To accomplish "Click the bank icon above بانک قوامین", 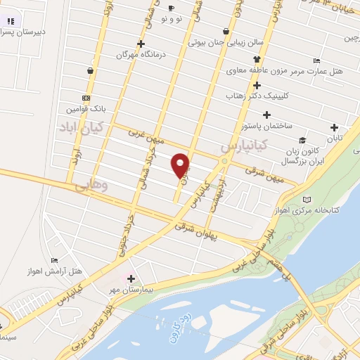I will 86,98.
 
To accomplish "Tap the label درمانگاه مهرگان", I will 114,54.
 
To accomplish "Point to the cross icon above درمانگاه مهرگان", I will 141,44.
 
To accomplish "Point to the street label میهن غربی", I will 145,134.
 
